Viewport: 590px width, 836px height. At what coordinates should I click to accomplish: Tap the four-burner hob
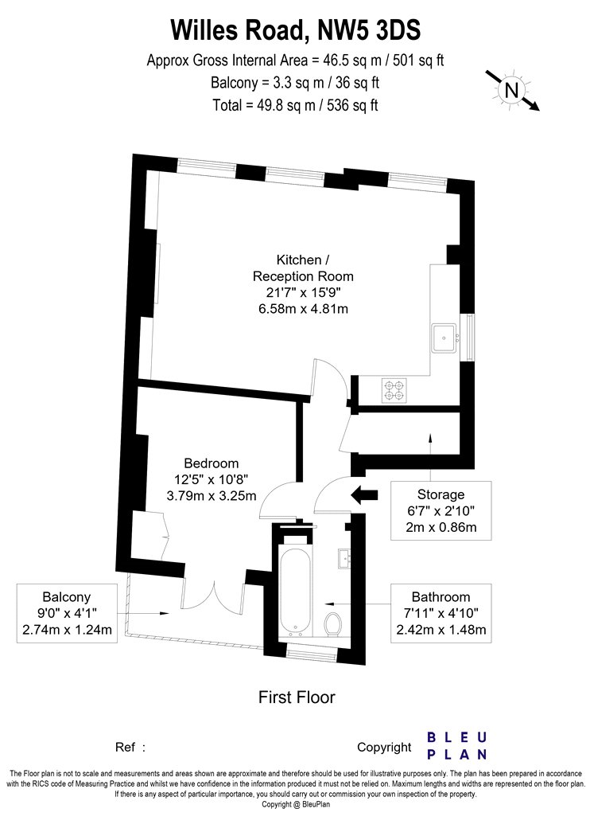tap(394, 390)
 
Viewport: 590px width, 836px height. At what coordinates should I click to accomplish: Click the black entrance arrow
tap(364, 494)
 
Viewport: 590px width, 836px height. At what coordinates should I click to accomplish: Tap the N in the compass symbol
tap(510, 91)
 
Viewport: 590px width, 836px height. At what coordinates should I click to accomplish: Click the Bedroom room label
tap(212, 463)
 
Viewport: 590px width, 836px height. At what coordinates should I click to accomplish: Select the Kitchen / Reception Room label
tap(303, 268)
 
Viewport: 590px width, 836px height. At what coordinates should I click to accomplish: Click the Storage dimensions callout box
tap(441, 510)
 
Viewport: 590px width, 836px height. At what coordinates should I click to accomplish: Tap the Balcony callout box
tap(67, 613)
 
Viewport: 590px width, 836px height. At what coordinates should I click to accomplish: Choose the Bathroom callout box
tap(441, 613)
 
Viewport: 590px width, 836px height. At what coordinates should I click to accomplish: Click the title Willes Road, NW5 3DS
tap(296, 30)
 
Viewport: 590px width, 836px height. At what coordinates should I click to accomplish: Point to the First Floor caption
tap(297, 697)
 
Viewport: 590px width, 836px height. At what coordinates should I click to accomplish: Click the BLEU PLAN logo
tap(457, 745)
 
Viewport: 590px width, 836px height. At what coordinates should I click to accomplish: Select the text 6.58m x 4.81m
tap(303, 308)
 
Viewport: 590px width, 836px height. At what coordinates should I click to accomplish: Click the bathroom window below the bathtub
tap(312, 651)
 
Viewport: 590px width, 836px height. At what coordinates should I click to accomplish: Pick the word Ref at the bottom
tap(125, 747)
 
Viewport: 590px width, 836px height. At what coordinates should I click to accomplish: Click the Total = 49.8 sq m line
tap(296, 105)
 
